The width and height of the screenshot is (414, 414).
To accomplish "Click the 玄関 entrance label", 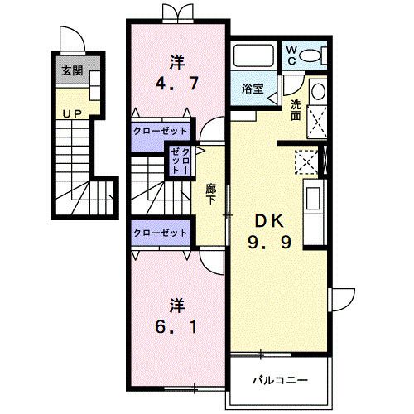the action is pyautogui.click(x=72, y=70).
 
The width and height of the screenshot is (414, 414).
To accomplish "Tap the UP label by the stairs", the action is pyautogui.click(x=72, y=113).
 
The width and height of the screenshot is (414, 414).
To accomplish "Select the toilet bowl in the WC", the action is pyautogui.click(x=309, y=56).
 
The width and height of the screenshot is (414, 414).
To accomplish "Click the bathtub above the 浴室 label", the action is pyautogui.click(x=253, y=55).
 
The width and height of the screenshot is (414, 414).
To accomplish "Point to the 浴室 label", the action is pyautogui.click(x=253, y=89).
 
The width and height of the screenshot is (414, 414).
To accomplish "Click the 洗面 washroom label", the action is pyautogui.click(x=296, y=110).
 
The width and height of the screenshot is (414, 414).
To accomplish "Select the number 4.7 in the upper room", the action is pyautogui.click(x=177, y=83).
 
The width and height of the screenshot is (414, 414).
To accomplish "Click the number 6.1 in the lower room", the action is pyautogui.click(x=176, y=327).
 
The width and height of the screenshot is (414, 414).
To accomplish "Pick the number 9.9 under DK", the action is pyautogui.click(x=269, y=243).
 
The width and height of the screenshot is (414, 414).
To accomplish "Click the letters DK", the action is pyautogui.click(x=269, y=221).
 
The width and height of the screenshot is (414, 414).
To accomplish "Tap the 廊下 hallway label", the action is pyautogui.click(x=211, y=195).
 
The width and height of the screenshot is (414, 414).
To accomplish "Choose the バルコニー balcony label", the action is pyautogui.click(x=280, y=381).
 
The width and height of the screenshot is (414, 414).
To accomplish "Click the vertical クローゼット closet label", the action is pyautogui.click(x=180, y=161).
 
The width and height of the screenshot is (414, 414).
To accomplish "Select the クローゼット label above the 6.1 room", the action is pyautogui.click(x=160, y=233).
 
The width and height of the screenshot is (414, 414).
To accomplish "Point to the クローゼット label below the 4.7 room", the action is pyautogui.click(x=160, y=131).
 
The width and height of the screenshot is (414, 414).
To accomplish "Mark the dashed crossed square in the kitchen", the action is pyautogui.click(x=306, y=162).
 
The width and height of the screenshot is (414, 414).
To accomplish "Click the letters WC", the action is pyautogui.click(x=291, y=55).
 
